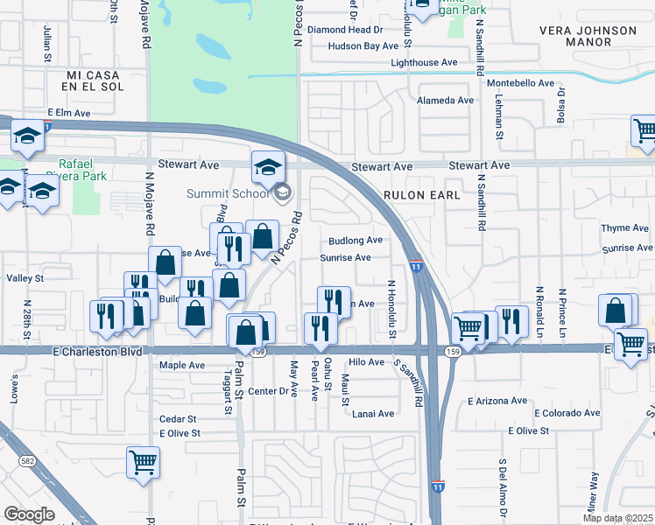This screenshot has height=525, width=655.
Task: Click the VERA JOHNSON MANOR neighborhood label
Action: [x=588, y=36]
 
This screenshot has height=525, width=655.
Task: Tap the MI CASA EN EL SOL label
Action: [x=103, y=82]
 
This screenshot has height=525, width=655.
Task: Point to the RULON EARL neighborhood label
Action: [x=421, y=195]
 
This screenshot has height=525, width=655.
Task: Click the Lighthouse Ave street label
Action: [x=425, y=63]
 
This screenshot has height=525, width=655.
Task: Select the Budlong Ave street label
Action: [x=356, y=241]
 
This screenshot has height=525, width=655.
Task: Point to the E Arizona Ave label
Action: [x=498, y=401]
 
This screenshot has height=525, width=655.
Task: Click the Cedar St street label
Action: [x=178, y=419]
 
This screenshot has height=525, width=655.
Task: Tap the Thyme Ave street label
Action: [x=624, y=228]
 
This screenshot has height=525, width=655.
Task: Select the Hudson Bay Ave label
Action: [x=363, y=45]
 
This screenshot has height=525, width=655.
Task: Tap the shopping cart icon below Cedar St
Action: [x=143, y=462]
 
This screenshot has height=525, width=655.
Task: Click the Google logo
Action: [x=29, y=514]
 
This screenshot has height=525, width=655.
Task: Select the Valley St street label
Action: [x=25, y=278]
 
